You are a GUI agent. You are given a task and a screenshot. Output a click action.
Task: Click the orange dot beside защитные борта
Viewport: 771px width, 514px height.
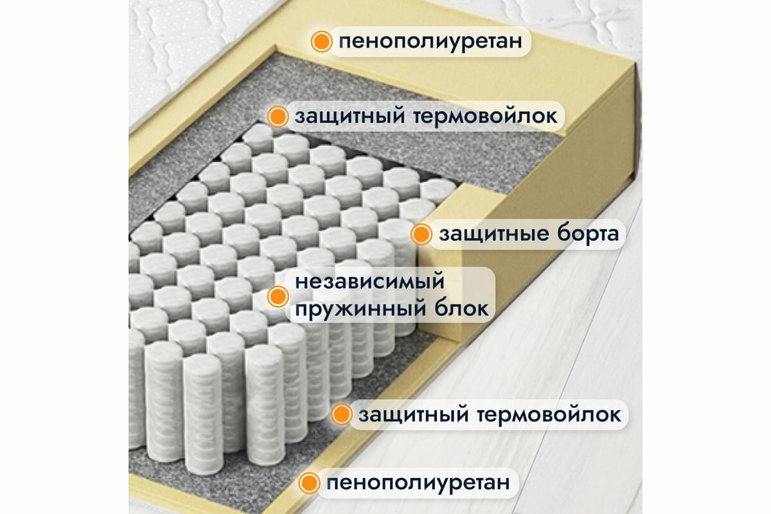tap(421, 235)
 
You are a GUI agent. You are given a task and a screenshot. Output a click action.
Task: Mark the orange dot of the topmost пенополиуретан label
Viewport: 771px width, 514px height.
tap(321, 42)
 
